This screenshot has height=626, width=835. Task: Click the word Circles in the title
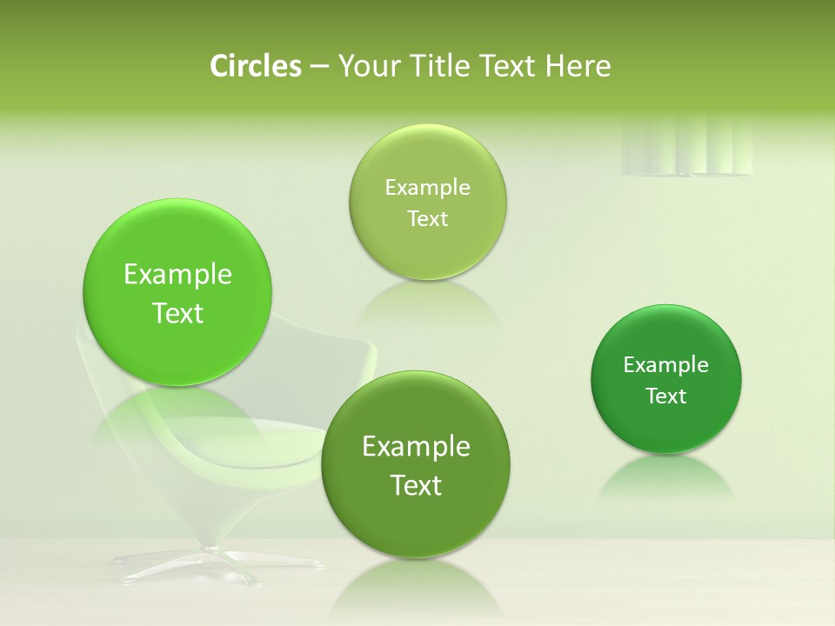click(255, 66)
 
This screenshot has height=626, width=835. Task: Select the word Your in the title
click(366, 66)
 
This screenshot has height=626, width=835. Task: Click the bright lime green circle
click(177, 292)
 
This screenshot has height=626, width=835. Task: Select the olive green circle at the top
click(427, 202)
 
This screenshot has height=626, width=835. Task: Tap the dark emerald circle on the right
click(666, 379)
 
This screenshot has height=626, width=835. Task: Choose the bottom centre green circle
click(416, 465)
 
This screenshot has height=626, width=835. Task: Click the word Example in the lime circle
click(177, 275)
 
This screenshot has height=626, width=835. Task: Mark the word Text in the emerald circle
click(666, 396)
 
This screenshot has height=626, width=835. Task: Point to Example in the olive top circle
click(427, 187)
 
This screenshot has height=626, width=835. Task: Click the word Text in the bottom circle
click(416, 485)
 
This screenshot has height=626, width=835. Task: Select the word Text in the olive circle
click(427, 218)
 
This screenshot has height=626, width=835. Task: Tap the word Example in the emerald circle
click(666, 365)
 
